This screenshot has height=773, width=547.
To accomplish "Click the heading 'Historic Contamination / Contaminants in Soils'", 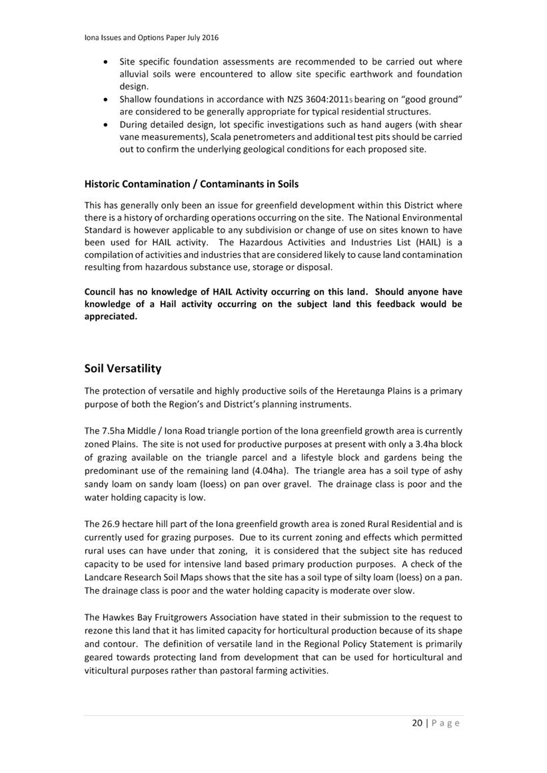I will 191,183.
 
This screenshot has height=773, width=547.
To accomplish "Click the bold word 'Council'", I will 103,292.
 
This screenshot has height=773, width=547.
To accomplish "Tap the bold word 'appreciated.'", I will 111,317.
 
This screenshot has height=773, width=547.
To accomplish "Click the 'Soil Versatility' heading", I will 123,369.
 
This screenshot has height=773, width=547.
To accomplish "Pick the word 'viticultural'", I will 109,670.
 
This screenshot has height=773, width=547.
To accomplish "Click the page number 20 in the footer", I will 417,723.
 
